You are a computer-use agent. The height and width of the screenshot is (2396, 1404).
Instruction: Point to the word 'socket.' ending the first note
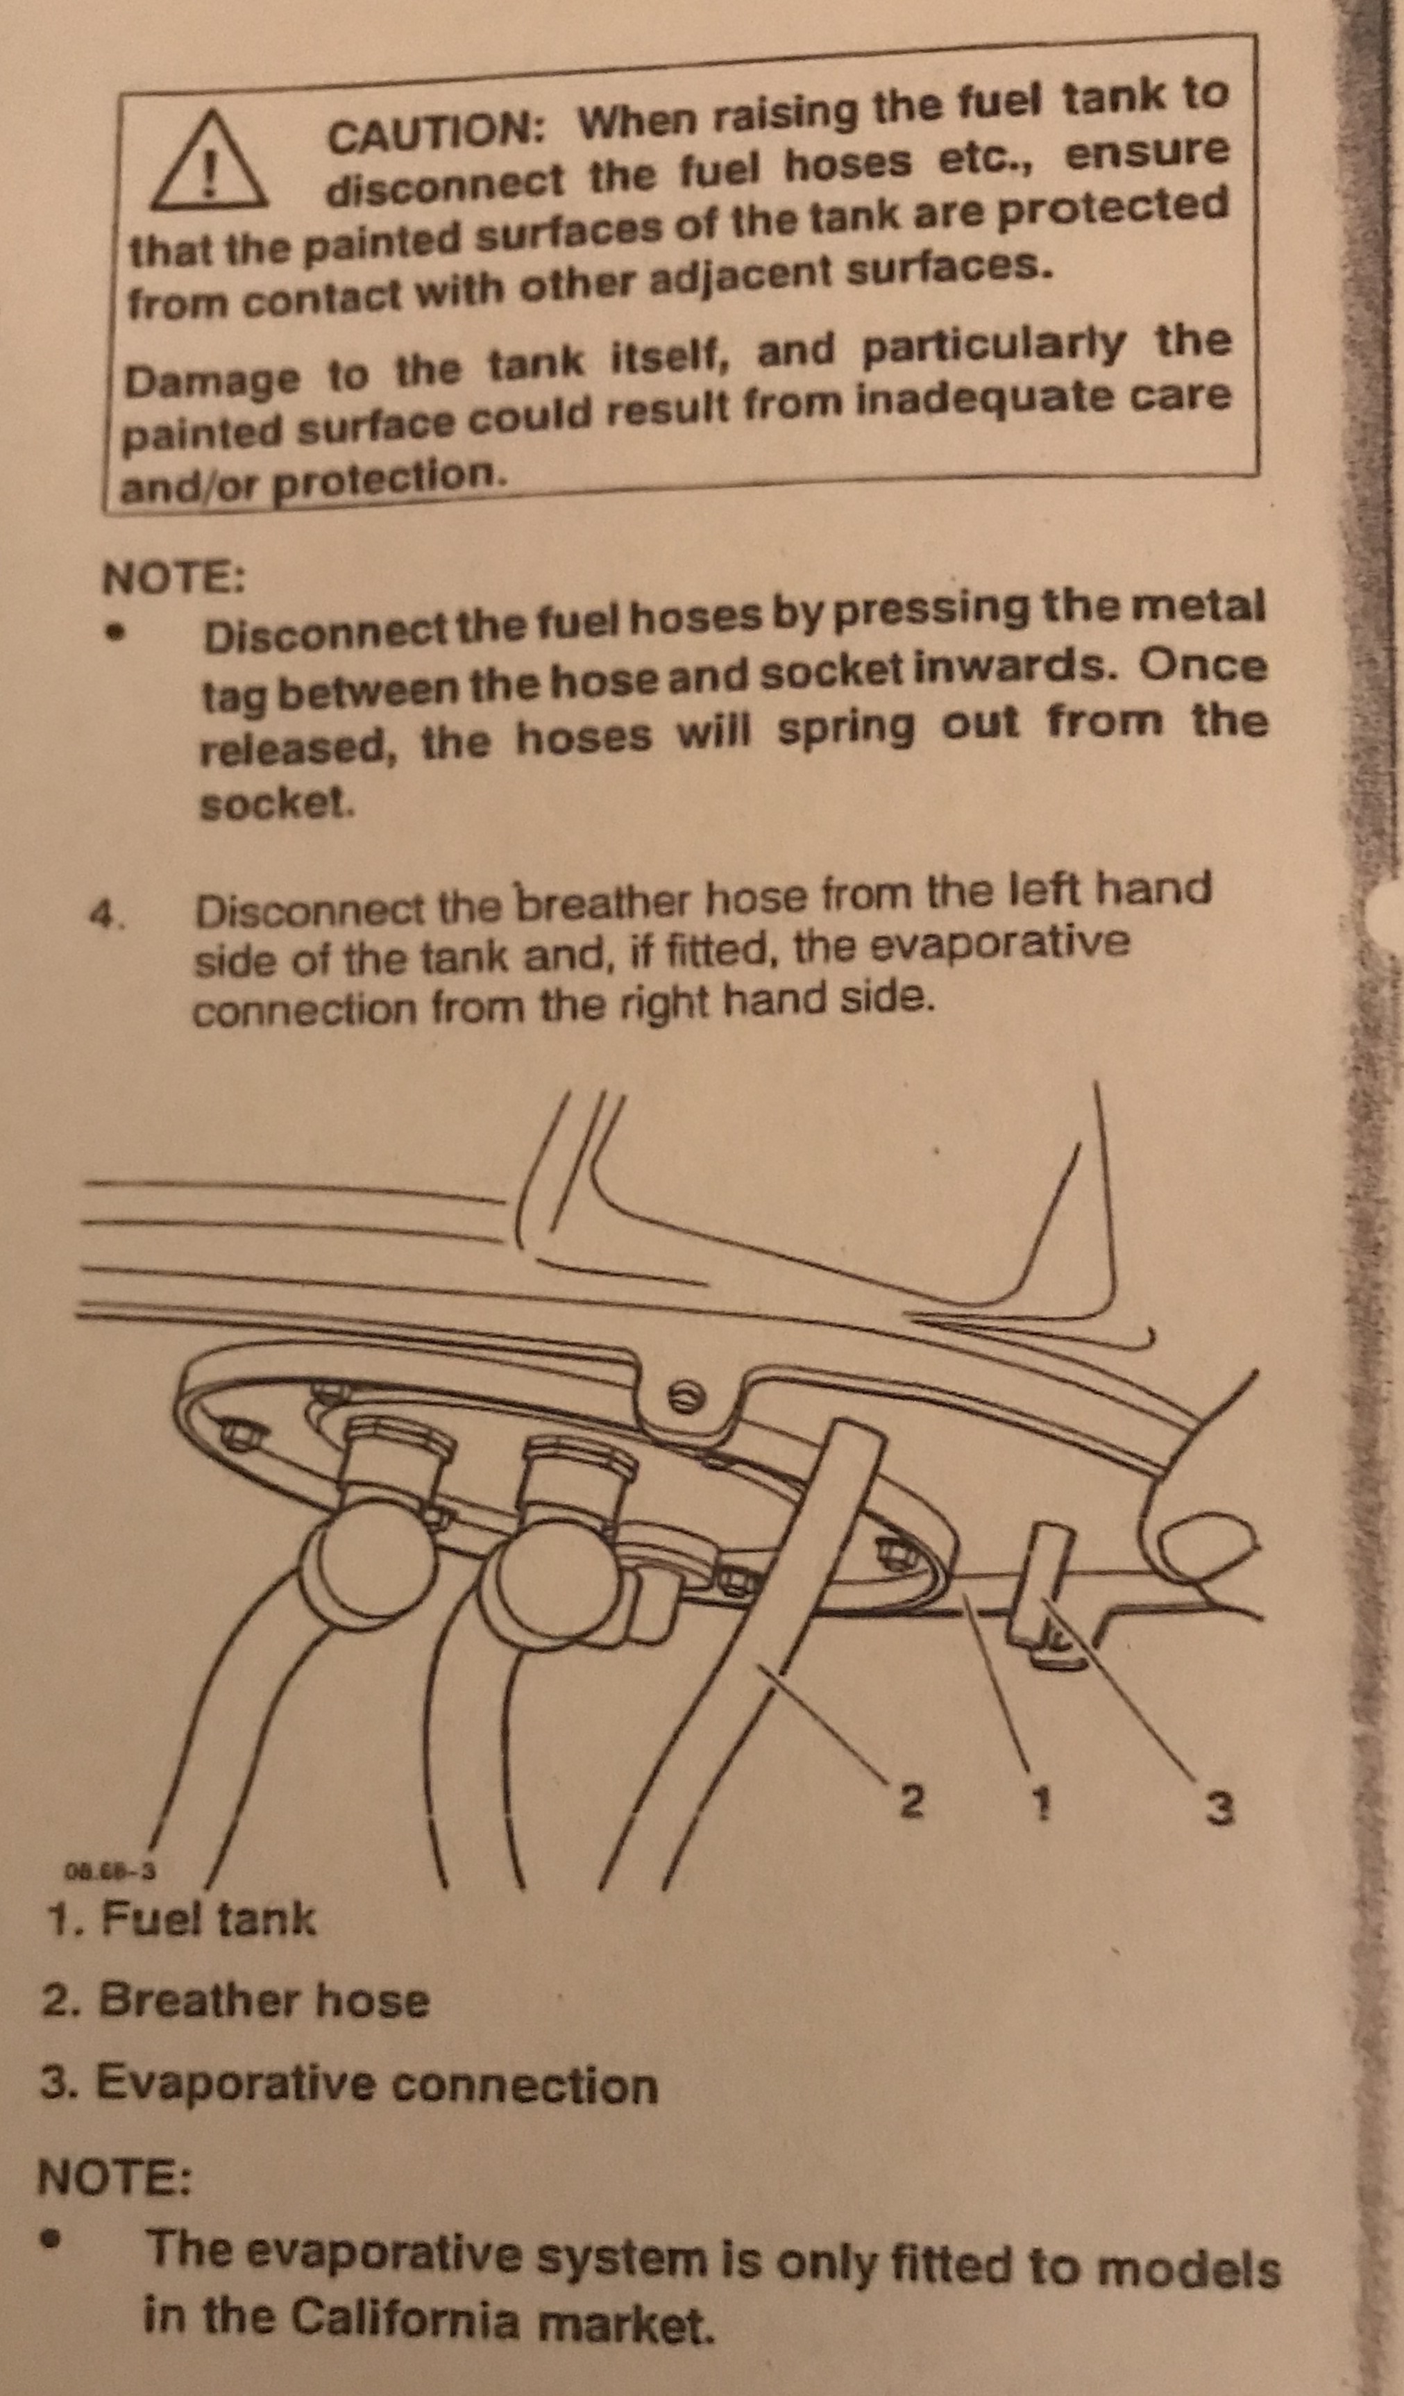tap(278, 805)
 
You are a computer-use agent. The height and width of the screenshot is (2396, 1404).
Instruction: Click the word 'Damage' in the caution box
tap(211, 380)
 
